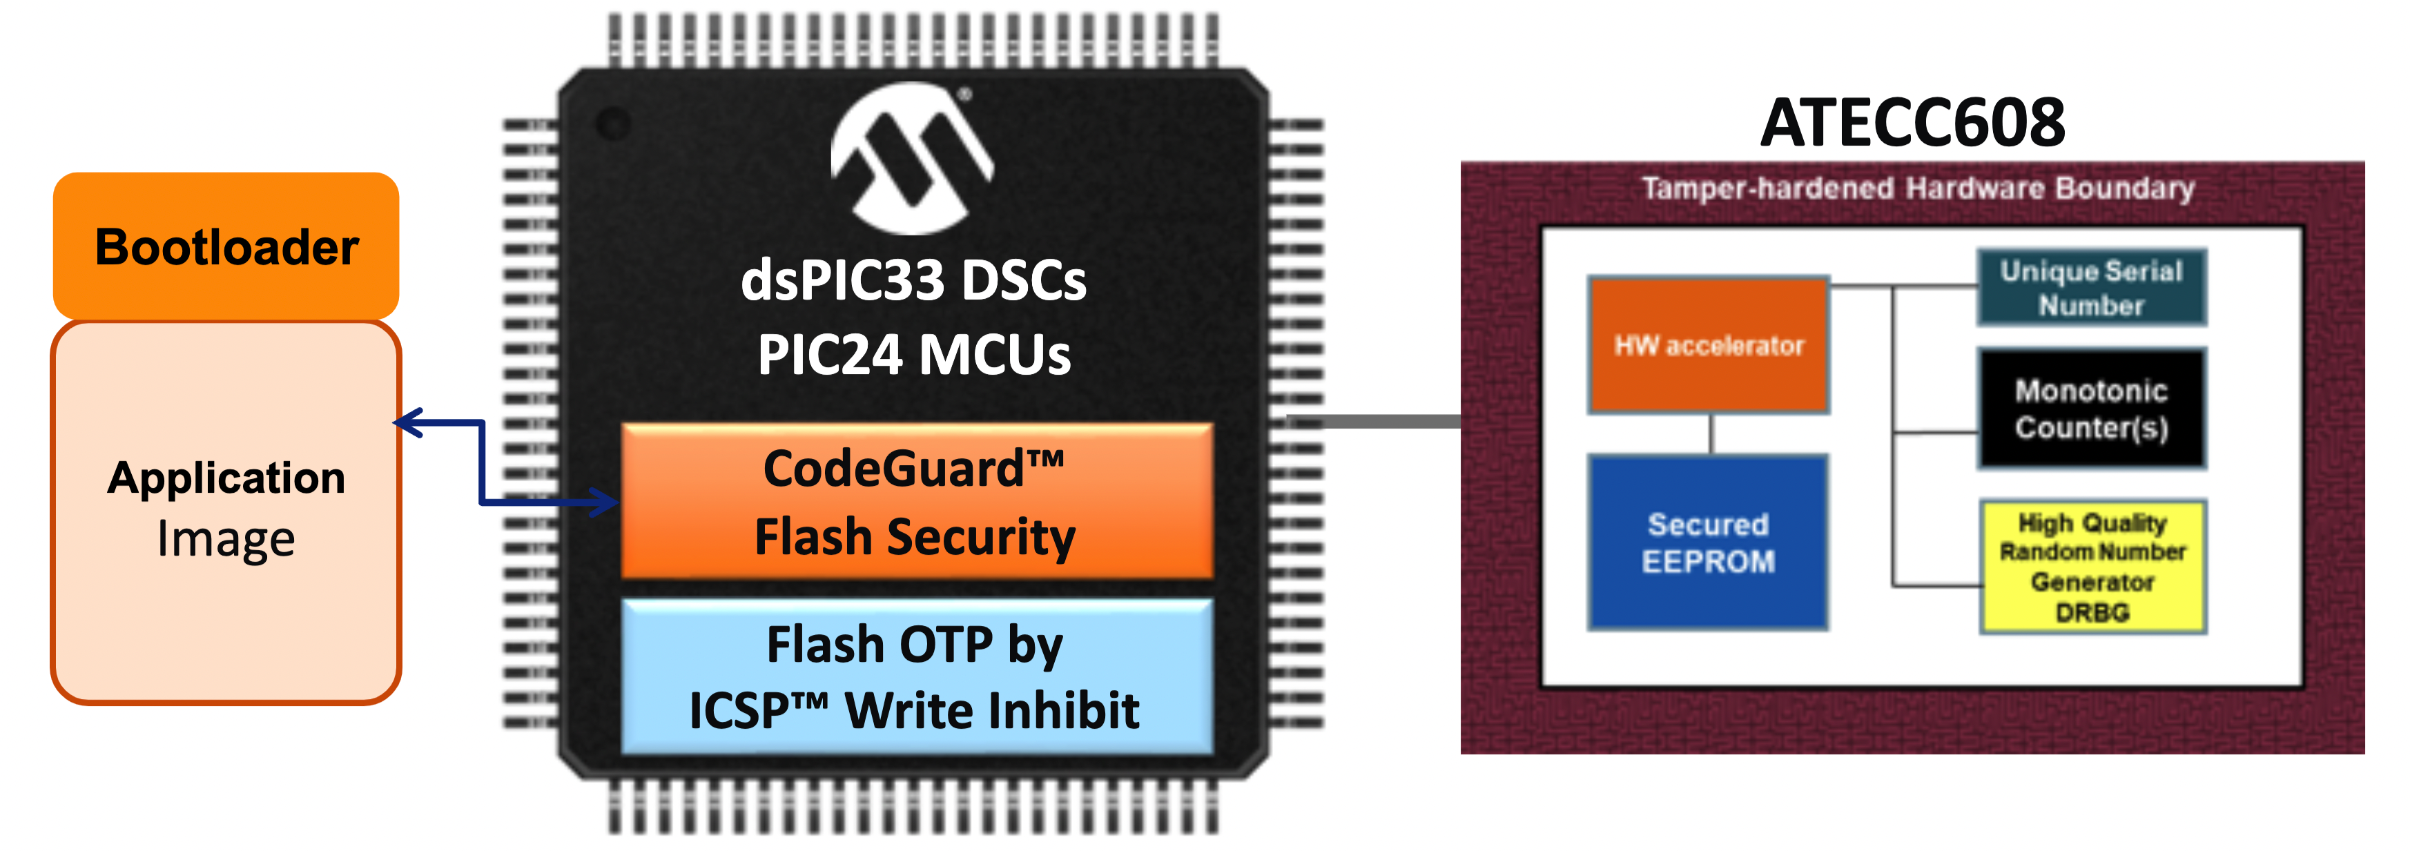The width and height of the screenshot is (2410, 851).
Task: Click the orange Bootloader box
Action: coord(226,246)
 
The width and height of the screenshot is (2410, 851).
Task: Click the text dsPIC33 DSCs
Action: coord(913,280)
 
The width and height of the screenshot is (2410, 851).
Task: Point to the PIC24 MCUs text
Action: coord(914,355)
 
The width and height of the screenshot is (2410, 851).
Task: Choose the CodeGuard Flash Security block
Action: coord(916,501)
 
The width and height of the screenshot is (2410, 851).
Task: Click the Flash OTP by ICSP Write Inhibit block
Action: coord(916,676)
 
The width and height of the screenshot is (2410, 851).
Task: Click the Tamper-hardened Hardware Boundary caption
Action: coord(1918,188)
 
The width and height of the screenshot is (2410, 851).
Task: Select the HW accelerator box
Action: coord(1709,345)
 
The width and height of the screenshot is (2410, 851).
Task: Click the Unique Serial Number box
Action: coord(2091,287)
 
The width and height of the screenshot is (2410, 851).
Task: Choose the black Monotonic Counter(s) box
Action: coord(2091,409)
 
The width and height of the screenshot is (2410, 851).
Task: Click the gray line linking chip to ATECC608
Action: coord(1375,422)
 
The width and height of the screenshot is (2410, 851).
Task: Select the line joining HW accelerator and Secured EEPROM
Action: coord(1711,434)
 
